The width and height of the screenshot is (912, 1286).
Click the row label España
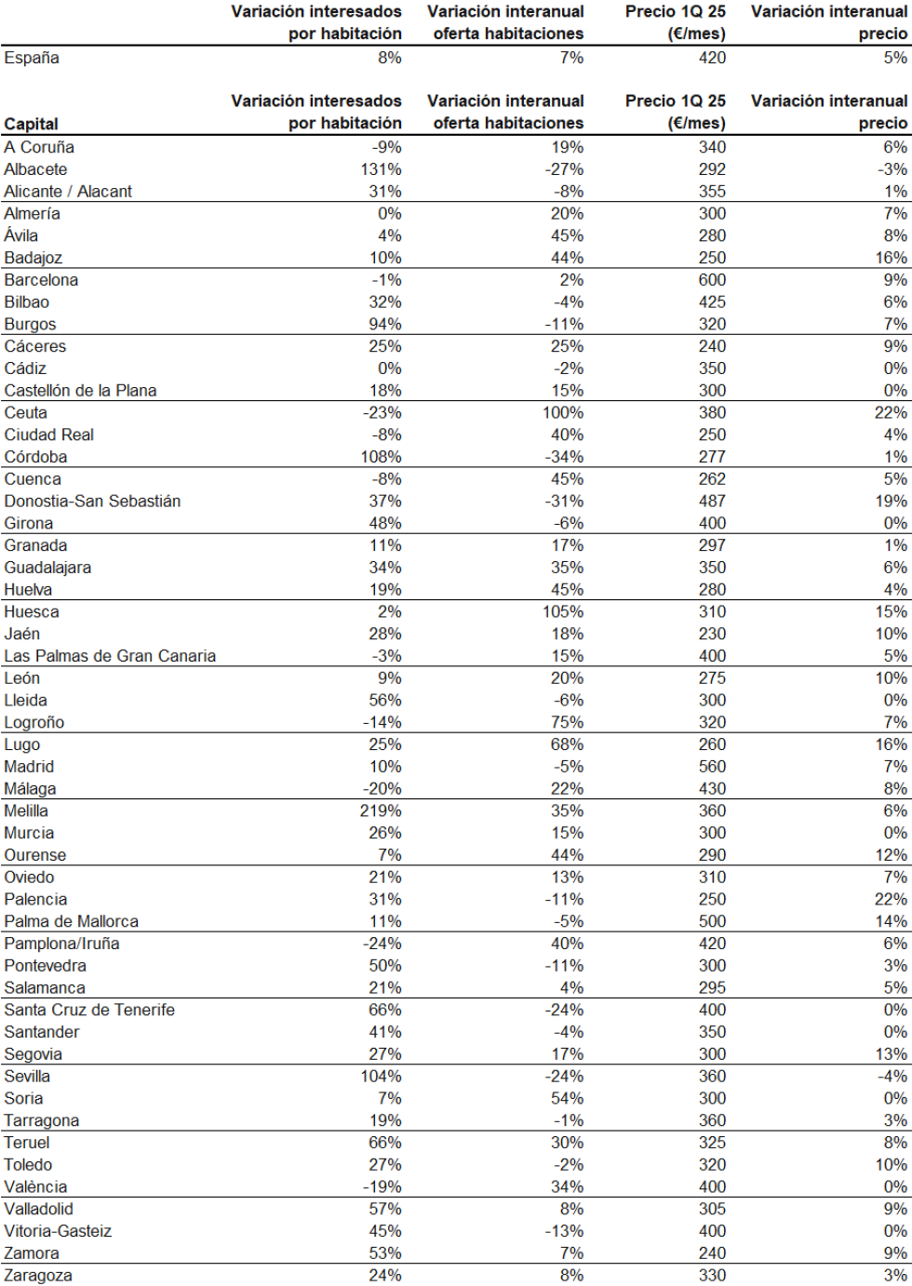[x=32, y=58]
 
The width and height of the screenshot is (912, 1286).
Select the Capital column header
[x=31, y=124]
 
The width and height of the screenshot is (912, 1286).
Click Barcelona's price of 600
[x=712, y=280]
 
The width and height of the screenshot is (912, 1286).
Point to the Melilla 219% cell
[x=381, y=810]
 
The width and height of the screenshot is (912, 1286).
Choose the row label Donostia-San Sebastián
[x=92, y=502]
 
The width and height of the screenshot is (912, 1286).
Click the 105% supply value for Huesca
[x=563, y=612]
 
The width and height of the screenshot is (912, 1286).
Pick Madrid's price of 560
[x=712, y=767]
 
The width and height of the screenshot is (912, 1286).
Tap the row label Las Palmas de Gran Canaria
[x=110, y=656]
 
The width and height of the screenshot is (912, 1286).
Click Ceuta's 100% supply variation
[x=563, y=413]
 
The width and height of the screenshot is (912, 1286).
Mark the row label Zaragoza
[x=38, y=1276]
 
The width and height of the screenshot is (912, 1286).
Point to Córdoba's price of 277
[x=712, y=457]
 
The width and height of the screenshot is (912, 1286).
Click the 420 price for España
[x=712, y=58]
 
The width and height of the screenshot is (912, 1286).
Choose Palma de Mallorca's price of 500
[x=712, y=921]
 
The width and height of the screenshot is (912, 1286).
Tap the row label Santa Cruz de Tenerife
[x=89, y=1010]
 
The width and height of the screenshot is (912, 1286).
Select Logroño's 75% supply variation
[x=568, y=722]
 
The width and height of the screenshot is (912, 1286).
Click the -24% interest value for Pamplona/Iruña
[x=382, y=944]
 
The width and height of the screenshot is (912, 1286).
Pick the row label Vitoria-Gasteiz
[x=58, y=1231]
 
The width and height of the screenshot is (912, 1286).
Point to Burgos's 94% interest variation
[x=385, y=325]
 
